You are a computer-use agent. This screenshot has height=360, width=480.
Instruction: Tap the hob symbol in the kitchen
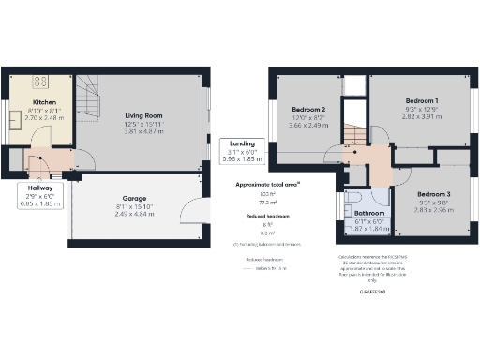43,81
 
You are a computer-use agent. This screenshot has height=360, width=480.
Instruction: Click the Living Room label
143,116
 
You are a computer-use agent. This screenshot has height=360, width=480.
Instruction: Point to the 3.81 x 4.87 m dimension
143,132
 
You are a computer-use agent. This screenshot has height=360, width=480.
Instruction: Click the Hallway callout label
39,187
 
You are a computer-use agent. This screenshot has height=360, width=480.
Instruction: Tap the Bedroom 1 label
421,99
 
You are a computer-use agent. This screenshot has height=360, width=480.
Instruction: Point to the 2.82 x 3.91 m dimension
421,117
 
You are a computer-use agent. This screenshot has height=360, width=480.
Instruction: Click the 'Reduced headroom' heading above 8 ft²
267,216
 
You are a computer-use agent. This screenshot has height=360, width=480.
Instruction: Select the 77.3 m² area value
268,202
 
